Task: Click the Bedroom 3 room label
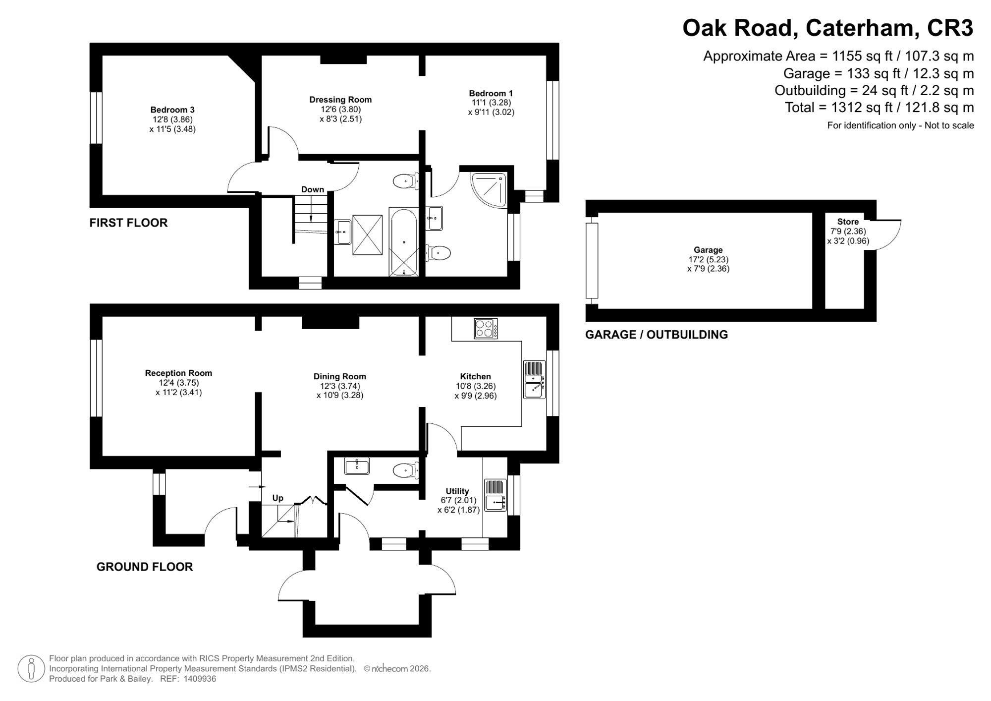pos(172,110)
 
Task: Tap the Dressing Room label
pos(340,100)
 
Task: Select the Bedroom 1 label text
pos(491,93)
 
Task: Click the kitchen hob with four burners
pos(486,328)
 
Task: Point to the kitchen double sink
pos(534,380)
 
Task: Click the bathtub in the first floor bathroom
pos(404,242)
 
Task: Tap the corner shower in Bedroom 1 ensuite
pos(489,190)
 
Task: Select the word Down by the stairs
pos(313,189)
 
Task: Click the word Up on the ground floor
pos(278,498)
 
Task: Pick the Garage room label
pos(708,250)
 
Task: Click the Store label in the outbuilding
pos(848,222)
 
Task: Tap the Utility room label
pos(457,491)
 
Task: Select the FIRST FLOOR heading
pos(128,223)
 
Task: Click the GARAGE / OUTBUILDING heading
pos(657,335)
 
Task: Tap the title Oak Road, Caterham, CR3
pos(828,28)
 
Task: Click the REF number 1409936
pos(200,679)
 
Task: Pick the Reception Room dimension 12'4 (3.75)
pos(179,383)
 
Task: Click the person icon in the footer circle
pos(32,668)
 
